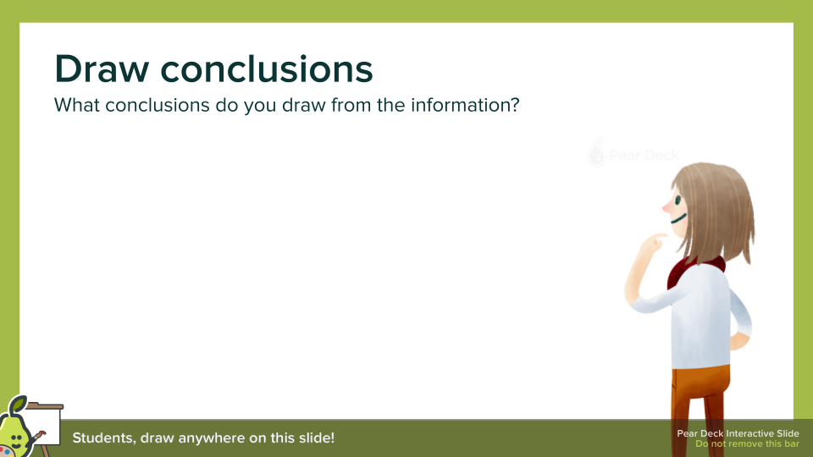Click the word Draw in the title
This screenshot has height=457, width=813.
click(x=102, y=69)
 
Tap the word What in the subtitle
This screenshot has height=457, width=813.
click(x=77, y=105)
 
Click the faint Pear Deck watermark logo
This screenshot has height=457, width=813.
click(x=633, y=153)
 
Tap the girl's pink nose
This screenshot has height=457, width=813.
click(x=667, y=207)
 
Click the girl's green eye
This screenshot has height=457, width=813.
click(x=677, y=201)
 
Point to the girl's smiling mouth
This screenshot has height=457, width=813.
click(x=678, y=218)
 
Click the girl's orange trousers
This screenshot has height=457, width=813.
click(x=700, y=410)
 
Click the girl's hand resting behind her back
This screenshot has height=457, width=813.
click(x=740, y=342)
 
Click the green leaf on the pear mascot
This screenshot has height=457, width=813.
click(x=19, y=403)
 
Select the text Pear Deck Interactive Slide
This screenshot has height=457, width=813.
click(x=738, y=433)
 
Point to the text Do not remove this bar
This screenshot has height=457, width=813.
click(x=747, y=444)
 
